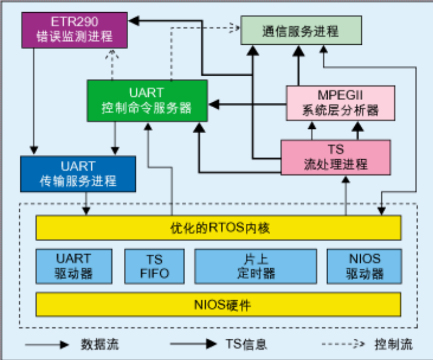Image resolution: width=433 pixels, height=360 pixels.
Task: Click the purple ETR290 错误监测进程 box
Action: (74, 30)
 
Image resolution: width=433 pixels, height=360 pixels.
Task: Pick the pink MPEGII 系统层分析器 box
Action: (341, 103)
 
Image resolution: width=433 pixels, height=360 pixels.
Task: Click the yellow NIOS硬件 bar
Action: (218, 305)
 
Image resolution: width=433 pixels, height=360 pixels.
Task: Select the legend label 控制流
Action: (394, 343)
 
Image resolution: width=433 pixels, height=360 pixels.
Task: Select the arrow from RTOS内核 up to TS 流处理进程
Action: (346, 197)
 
